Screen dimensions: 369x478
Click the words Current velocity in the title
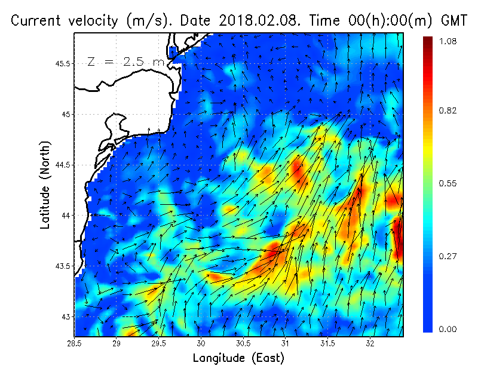click(65, 21)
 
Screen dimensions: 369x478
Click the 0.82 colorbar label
click(448, 110)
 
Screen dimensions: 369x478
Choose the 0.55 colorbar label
click(448, 183)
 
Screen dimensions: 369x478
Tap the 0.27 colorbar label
click(448, 256)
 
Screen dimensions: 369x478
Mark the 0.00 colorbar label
click(448, 328)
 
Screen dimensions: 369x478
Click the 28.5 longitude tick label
click(75, 343)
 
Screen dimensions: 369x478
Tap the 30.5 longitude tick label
click(243, 343)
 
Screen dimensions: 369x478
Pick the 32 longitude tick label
click(370, 343)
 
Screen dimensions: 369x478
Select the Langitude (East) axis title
click(238, 358)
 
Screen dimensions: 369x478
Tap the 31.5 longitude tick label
click(328, 343)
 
